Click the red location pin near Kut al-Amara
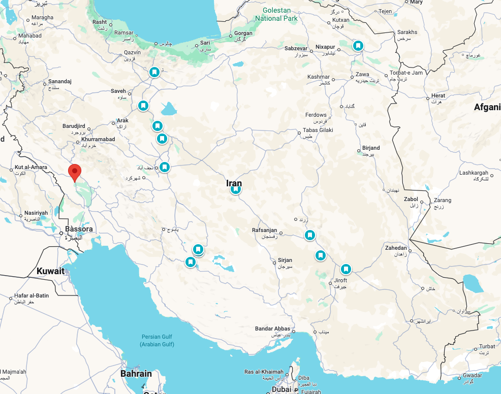click(75, 172)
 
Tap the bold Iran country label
click(234, 183)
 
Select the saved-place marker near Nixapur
click(358, 46)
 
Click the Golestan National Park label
click(276, 14)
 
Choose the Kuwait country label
click(50, 271)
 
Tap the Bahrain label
click(136, 374)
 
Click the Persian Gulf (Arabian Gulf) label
click(158, 341)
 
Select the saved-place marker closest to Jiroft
click(346, 269)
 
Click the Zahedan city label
click(396, 248)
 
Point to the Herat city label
click(438, 96)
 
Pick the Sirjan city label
click(285, 260)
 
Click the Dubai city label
click(281, 389)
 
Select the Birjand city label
click(371, 148)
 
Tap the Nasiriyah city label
click(36, 213)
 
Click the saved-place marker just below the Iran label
click(236, 189)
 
